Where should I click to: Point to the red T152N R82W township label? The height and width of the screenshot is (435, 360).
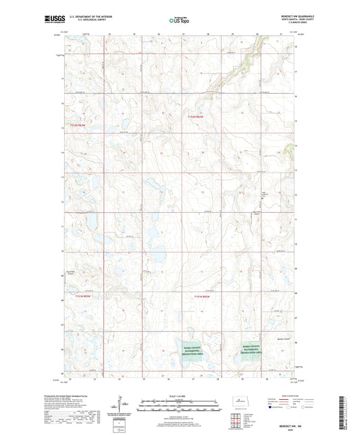tap(197, 116)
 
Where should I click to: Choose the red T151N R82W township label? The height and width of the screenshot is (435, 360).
tap(203, 297)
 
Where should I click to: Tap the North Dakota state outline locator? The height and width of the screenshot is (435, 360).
tap(238, 401)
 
